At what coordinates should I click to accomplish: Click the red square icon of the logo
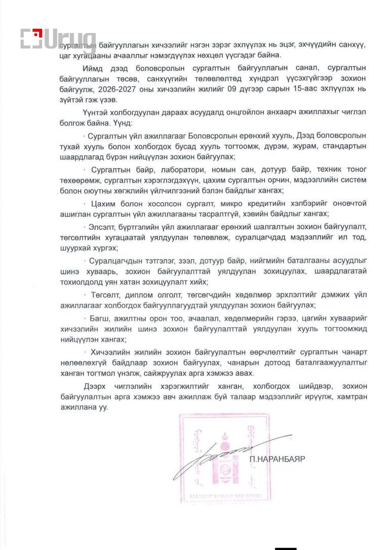32,39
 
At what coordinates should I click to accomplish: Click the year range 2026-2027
133,90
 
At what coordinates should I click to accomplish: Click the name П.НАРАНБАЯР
278,459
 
